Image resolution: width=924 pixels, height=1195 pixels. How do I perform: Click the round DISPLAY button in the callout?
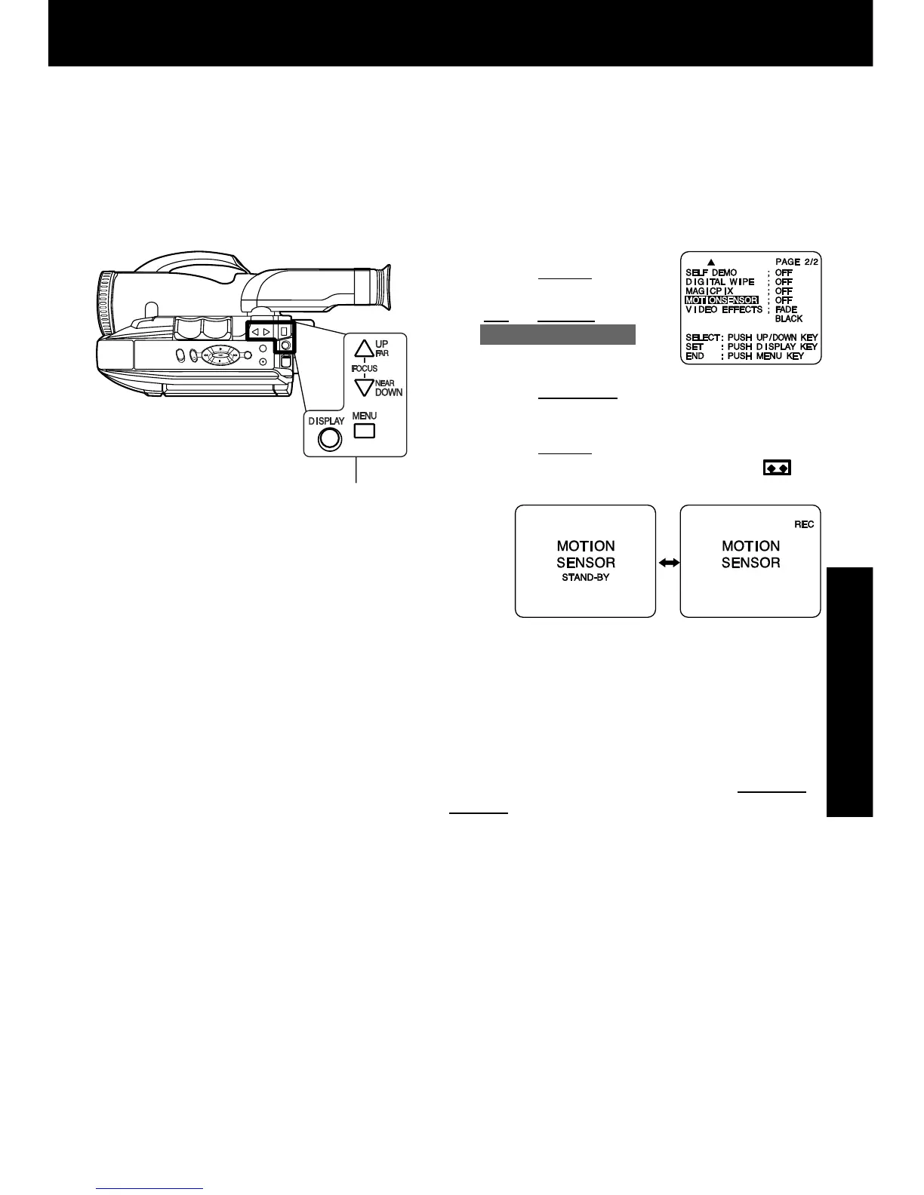(329, 439)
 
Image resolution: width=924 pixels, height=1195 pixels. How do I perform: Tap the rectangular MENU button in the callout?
(365, 431)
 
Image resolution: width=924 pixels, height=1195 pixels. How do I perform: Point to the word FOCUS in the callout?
(365, 368)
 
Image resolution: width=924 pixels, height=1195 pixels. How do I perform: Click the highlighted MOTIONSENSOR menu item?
(722, 300)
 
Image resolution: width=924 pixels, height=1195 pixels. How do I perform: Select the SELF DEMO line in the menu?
(711, 272)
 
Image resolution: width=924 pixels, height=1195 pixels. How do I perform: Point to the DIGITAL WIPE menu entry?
(719, 281)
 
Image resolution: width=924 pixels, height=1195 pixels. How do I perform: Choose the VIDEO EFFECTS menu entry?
(723, 309)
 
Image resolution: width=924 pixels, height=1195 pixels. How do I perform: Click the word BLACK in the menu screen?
(789, 318)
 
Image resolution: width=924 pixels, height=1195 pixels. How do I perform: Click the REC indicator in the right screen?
(803, 524)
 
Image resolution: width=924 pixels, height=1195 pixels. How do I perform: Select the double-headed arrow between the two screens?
(668, 563)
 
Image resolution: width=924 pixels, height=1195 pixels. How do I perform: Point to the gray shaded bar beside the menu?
(558, 334)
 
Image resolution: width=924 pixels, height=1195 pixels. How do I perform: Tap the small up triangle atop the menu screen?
(711, 262)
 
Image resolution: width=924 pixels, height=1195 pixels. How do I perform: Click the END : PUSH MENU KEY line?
(744, 355)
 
